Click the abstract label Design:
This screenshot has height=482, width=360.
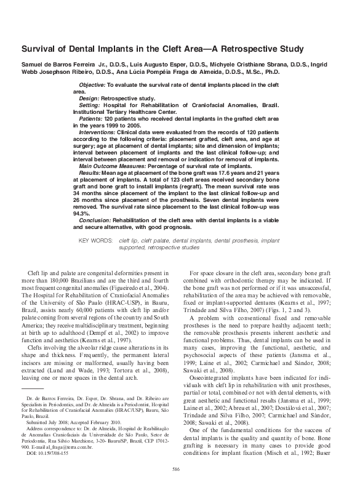coord(90,97)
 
